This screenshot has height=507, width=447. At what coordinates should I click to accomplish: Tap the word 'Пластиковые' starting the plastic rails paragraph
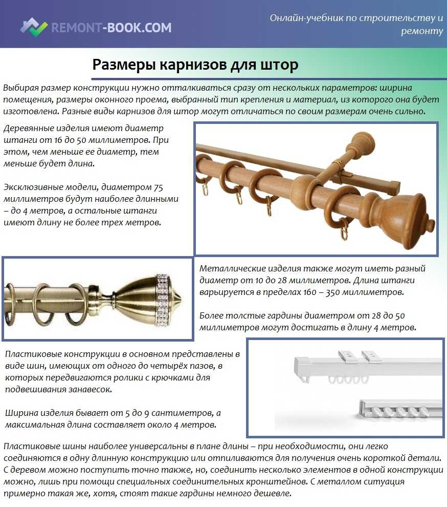pos(32,354)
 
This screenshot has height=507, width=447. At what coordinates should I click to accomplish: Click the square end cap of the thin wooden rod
pos(394,185)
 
